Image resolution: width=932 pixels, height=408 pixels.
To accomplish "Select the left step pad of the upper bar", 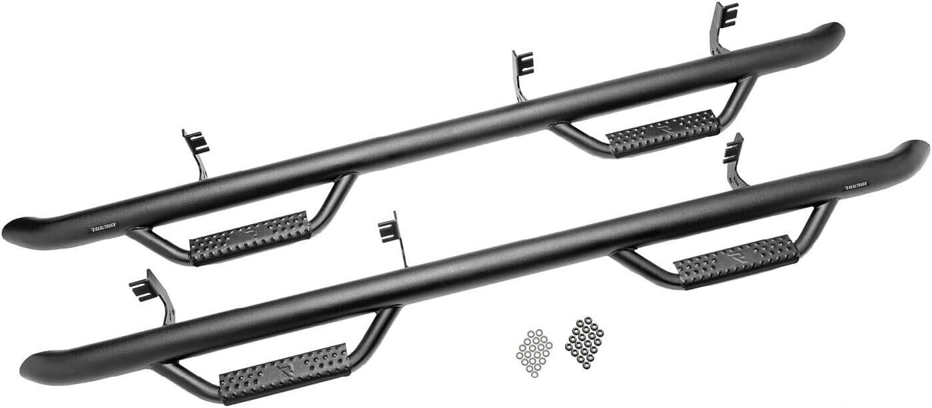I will coord(250,237).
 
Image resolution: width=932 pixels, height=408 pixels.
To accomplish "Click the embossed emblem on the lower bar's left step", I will coord(286,368).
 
